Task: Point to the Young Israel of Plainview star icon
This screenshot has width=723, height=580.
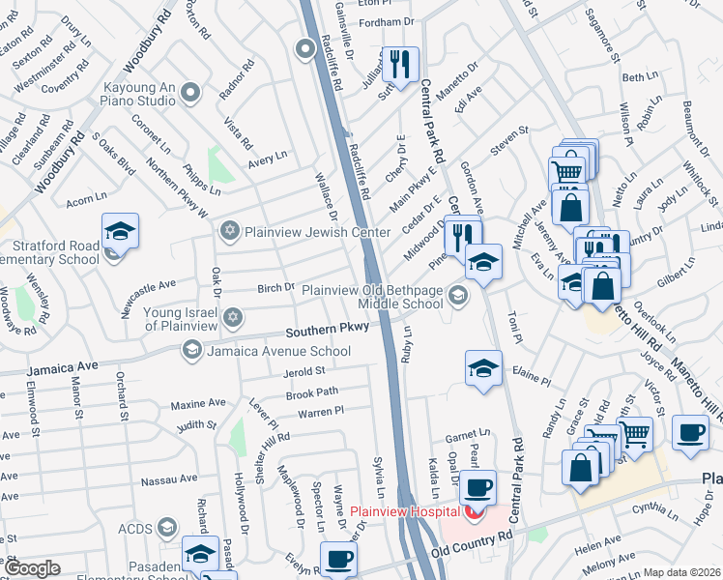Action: coord(231,318)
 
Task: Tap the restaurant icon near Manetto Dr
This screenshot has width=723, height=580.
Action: coord(399,64)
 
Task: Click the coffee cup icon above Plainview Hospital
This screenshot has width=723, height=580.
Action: coord(477,487)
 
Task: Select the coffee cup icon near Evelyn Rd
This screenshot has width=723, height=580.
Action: coord(338,559)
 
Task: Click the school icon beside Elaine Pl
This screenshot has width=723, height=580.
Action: coord(483,367)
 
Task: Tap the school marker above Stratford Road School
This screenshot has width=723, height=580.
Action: coord(121,231)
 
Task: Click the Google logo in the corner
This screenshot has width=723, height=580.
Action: coord(32,568)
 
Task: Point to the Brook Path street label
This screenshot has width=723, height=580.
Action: coord(312,392)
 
